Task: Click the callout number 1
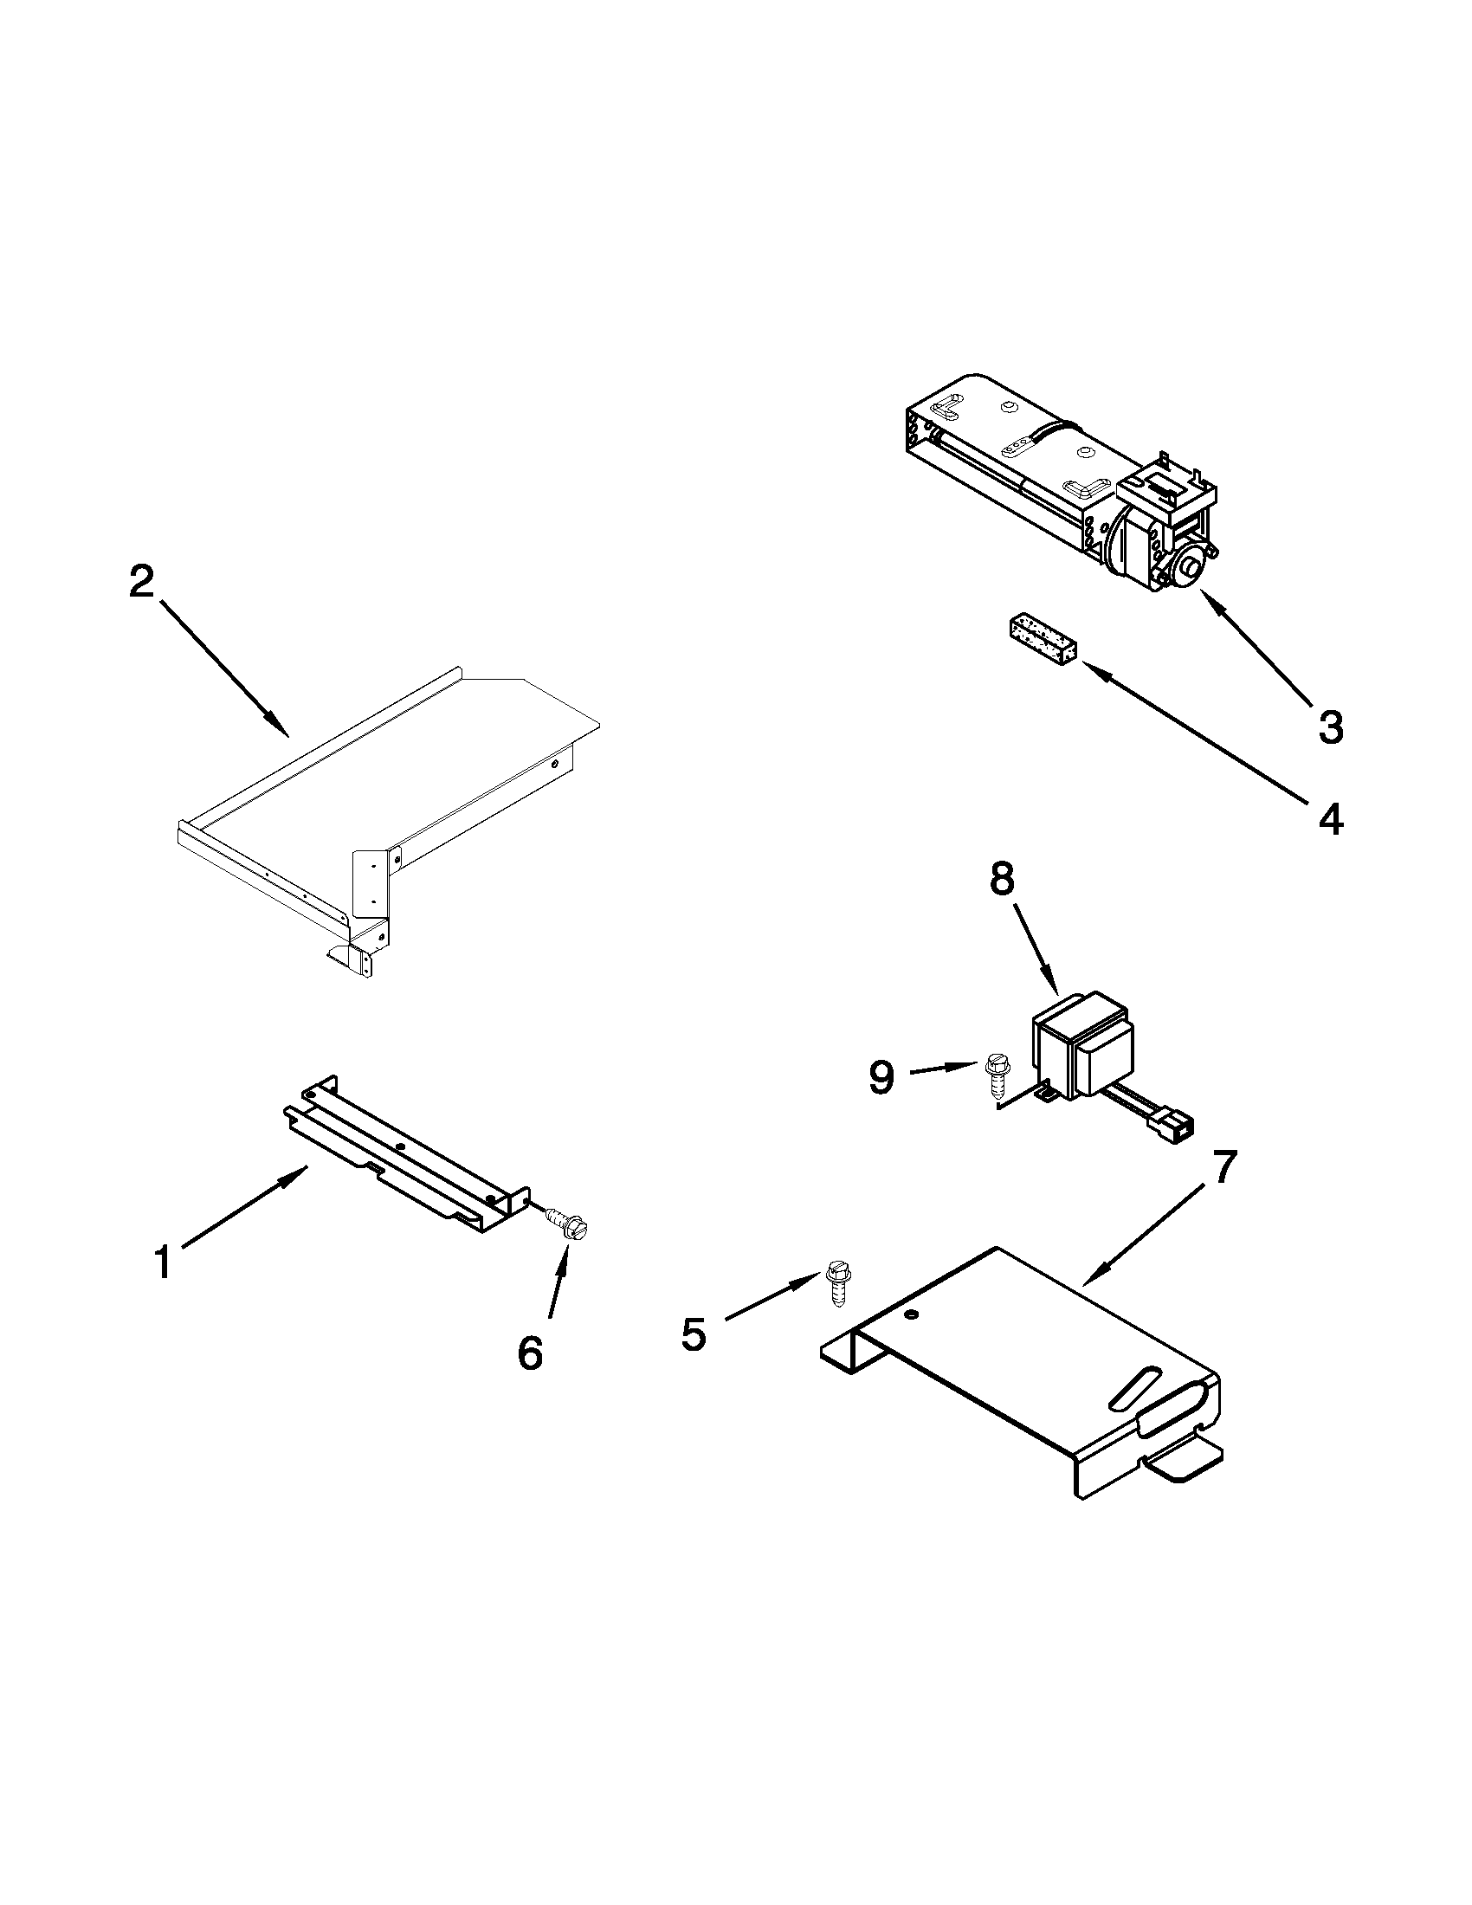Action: (163, 1264)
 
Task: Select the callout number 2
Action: (142, 582)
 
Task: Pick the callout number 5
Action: (694, 1335)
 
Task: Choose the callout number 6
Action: (529, 1353)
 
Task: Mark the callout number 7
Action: (1224, 1168)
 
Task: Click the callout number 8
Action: (1003, 880)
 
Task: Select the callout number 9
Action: (881, 1078)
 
